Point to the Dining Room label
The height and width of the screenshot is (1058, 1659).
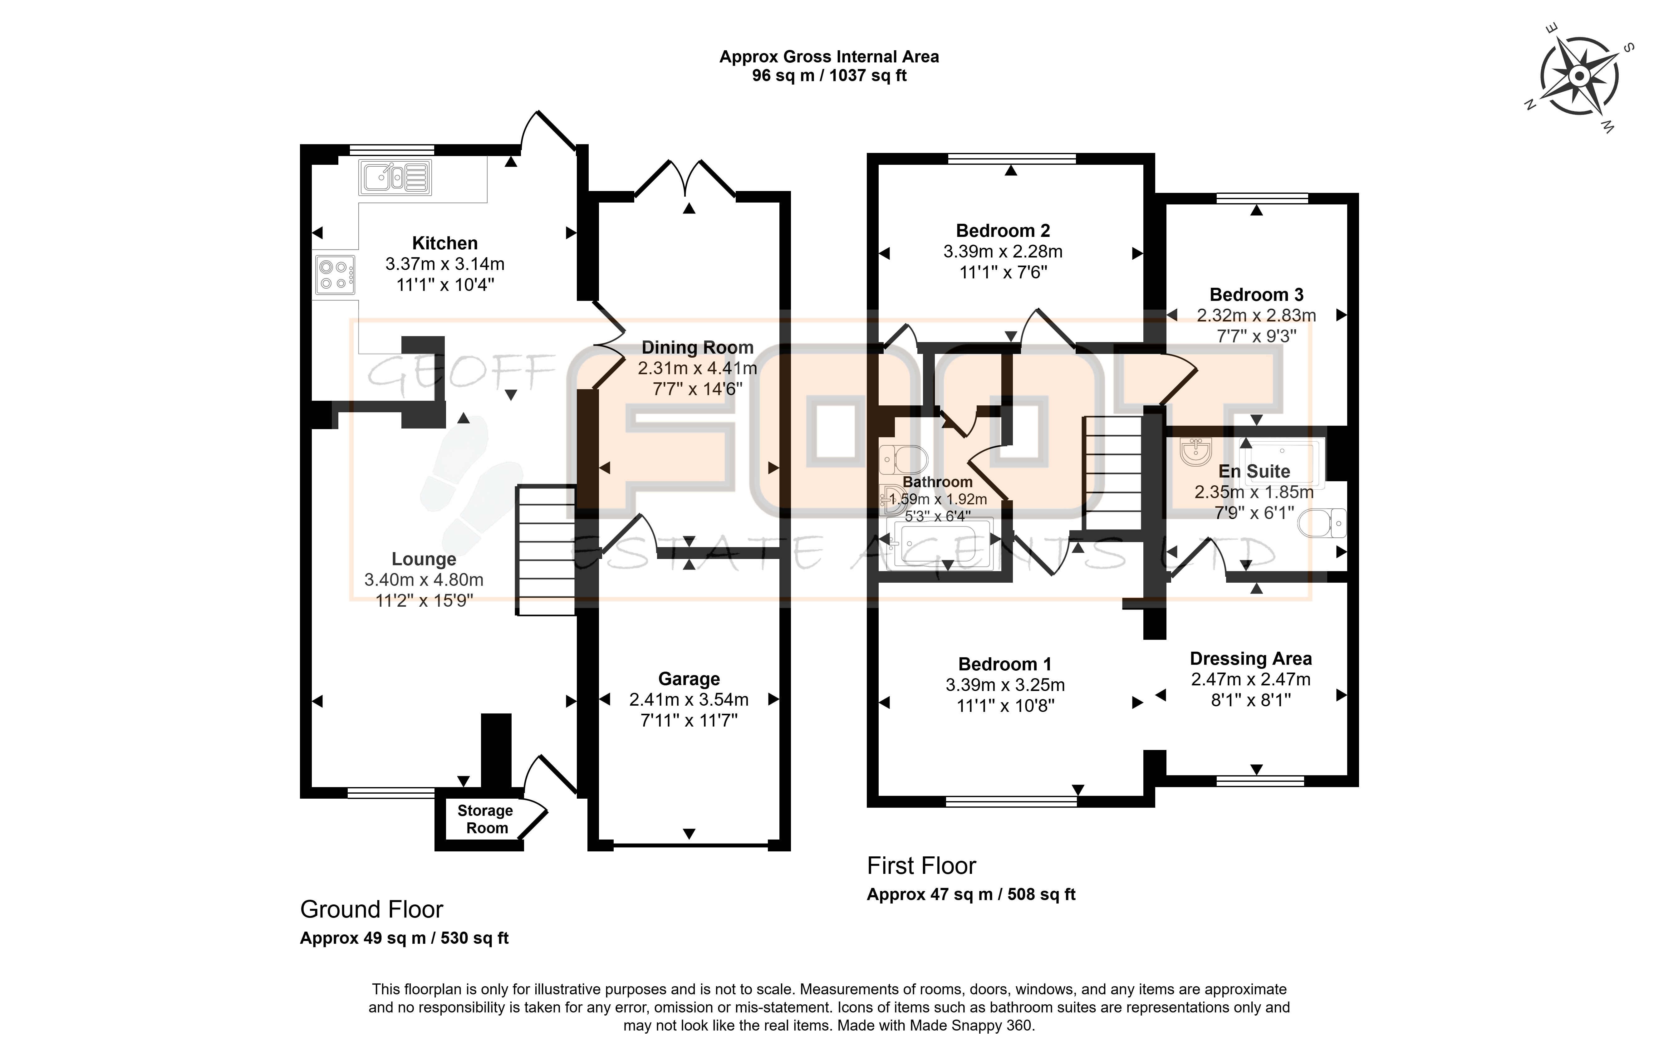coord(697,348)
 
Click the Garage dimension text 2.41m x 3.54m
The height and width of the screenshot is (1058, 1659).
coord(689,700)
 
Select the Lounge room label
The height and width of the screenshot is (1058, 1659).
coord(424,559)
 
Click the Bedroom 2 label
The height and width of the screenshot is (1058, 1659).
coord(1003,231)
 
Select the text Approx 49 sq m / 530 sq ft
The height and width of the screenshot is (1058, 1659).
coord(405,938)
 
